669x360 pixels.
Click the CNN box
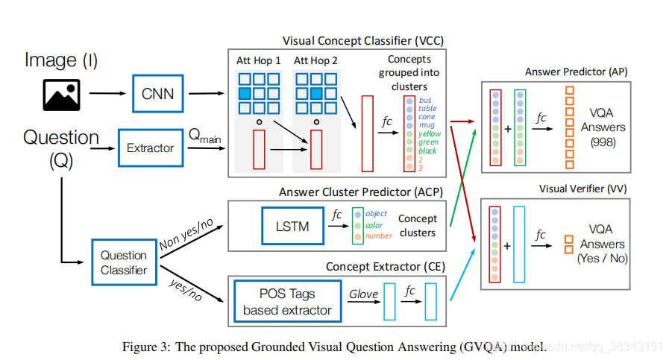[x=158, y=95]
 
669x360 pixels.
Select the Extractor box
[x=150, y=148]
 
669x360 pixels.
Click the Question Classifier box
[x=124, y=262]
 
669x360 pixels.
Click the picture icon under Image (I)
[x=61, y=95]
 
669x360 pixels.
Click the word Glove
[x=364, y=294]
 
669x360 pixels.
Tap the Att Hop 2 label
[x=316, y=60]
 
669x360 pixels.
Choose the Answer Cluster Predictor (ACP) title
[x=361, y=192]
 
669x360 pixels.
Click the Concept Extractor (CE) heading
[x=384, y=266]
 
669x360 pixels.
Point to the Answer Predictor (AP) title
[x=576, y=72]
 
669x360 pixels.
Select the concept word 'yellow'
[x=430, y=133]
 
